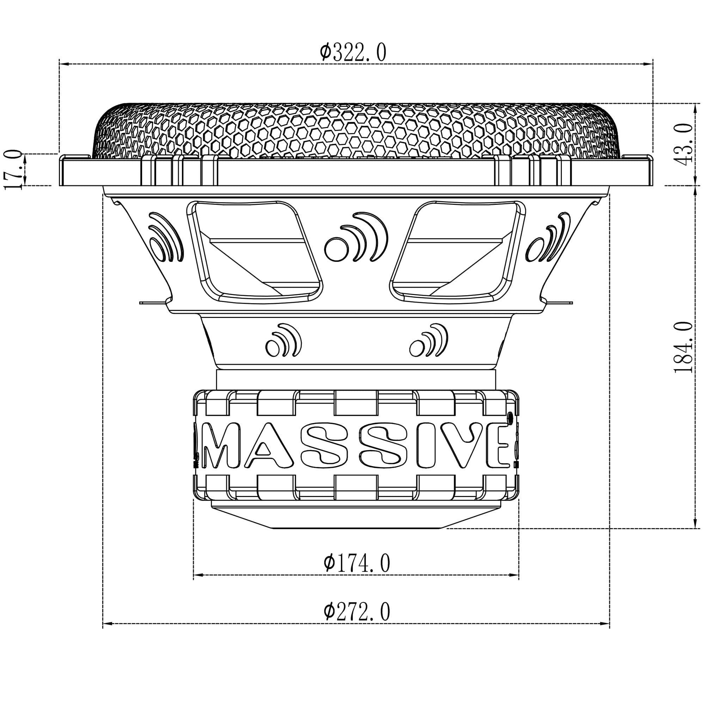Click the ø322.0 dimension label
352,53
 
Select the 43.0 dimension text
686,144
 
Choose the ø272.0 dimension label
357,612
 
